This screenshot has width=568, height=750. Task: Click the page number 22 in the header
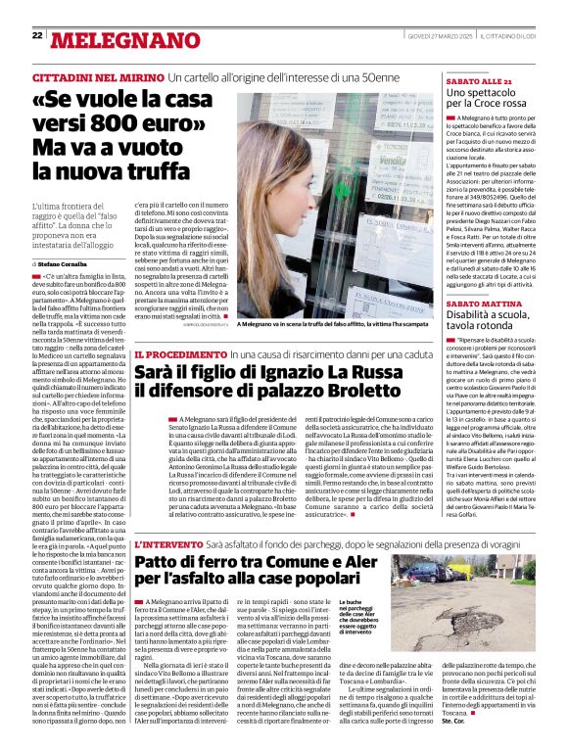point(37,35)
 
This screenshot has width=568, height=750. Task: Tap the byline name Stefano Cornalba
point(62,264)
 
